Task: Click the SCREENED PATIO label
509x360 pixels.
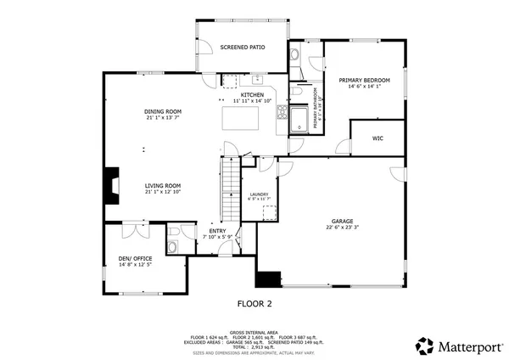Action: [243, 48]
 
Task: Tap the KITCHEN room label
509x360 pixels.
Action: [252, 94]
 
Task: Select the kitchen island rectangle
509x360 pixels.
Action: [240, 118]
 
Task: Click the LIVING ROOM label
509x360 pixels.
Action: [162, 185]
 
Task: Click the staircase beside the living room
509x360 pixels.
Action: [230, 191]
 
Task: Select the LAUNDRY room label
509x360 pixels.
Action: [259, 194]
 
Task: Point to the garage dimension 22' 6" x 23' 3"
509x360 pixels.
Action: [342, 227]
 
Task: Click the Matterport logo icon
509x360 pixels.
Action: [422, 346]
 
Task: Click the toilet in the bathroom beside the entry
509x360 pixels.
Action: [172, 247]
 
